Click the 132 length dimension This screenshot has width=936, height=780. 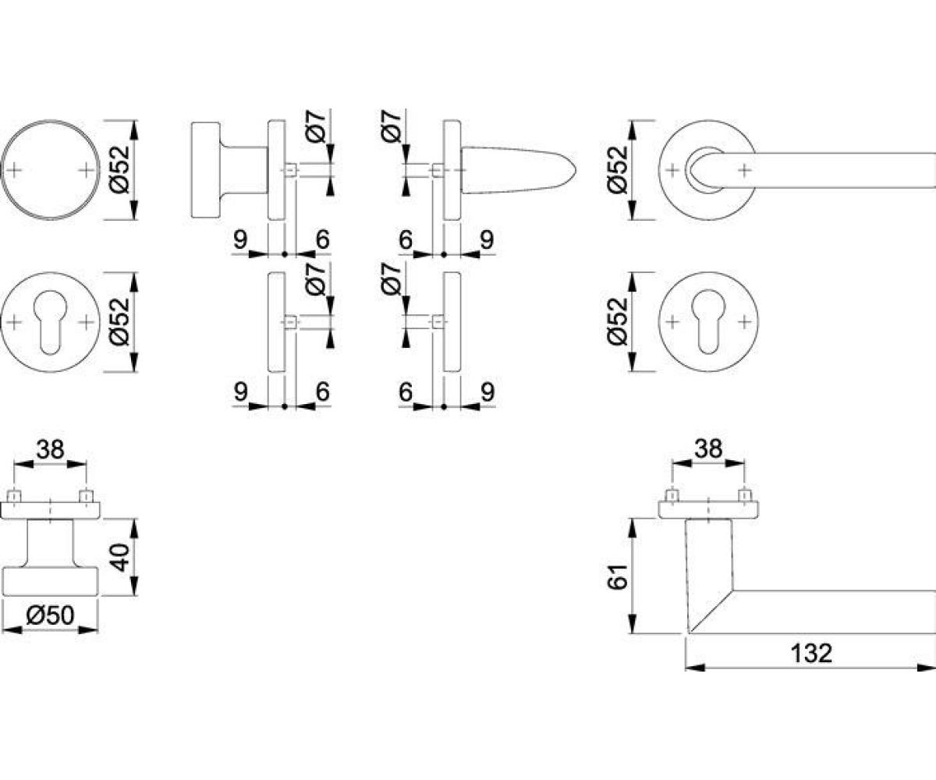click(x=812, y=654)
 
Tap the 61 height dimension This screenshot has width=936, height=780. click(x=617, y=576)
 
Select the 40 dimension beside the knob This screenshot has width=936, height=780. click(x=120, y=557)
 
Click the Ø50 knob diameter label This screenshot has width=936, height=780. click(x=50, y=615)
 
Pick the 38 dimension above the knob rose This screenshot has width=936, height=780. click(x=51, y=449)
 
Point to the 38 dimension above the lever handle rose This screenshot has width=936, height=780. click(x=708, y=448)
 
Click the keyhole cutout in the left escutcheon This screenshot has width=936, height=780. click(x=50, y=323)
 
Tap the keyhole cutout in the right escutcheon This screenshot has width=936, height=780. click(x=708, y=323)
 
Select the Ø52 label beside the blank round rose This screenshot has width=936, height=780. click(x=120, y=169)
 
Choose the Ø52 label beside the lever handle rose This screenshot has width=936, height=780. click(x=617, y=169)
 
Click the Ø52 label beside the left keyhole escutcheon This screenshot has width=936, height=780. click(x=120, y=322)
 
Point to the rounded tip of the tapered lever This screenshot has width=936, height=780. click(x=574, y=172)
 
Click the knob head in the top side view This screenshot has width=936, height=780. click(x=206, y=170)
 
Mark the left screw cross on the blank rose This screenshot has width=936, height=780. click(x=14, y=170)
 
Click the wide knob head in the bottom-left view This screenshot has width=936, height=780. click(x=50, y=581)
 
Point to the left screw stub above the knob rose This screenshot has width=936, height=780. click(x=14, y=496)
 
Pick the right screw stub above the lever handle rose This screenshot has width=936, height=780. click(x=745, y=496)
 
